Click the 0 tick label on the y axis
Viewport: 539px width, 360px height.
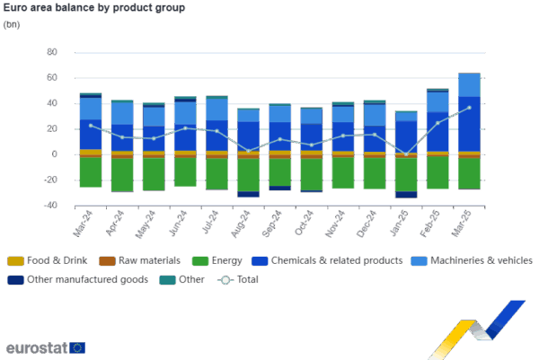(x=54, y=154)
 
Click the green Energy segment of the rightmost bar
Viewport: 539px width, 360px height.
(x=469, y=172)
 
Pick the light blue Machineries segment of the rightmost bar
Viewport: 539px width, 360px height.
(x=469, y=84)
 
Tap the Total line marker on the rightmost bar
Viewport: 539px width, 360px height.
(x=469, y=108)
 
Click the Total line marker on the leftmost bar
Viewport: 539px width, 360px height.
(x=90, y=126)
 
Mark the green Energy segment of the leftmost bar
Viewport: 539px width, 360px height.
(x=90, y=172)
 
